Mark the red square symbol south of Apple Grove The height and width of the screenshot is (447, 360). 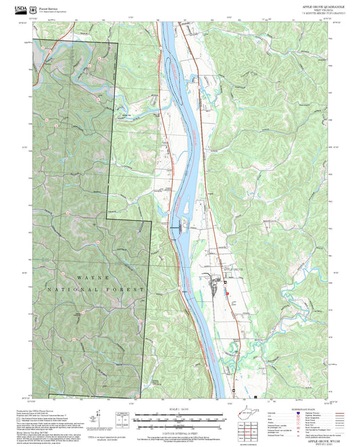point(227,293)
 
